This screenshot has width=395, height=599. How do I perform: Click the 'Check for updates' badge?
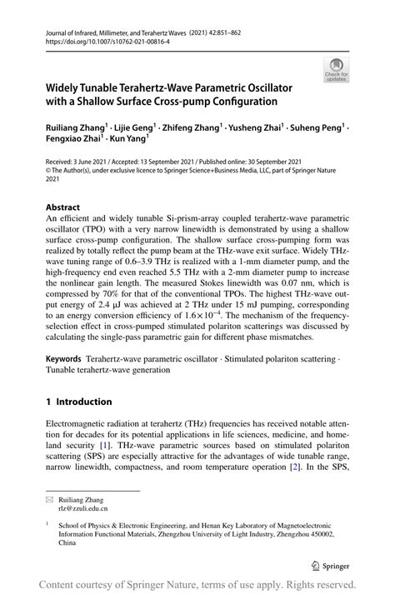337,69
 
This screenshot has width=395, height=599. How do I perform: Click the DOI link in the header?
104,39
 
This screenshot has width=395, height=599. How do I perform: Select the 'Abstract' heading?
63,207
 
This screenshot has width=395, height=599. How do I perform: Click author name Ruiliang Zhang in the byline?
77,129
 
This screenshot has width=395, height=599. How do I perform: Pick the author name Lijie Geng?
136,129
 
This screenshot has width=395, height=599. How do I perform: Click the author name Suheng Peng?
318,129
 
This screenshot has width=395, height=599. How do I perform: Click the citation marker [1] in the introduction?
110,446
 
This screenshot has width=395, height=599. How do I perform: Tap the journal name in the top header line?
117,30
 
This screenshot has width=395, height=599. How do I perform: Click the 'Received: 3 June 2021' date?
76,161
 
